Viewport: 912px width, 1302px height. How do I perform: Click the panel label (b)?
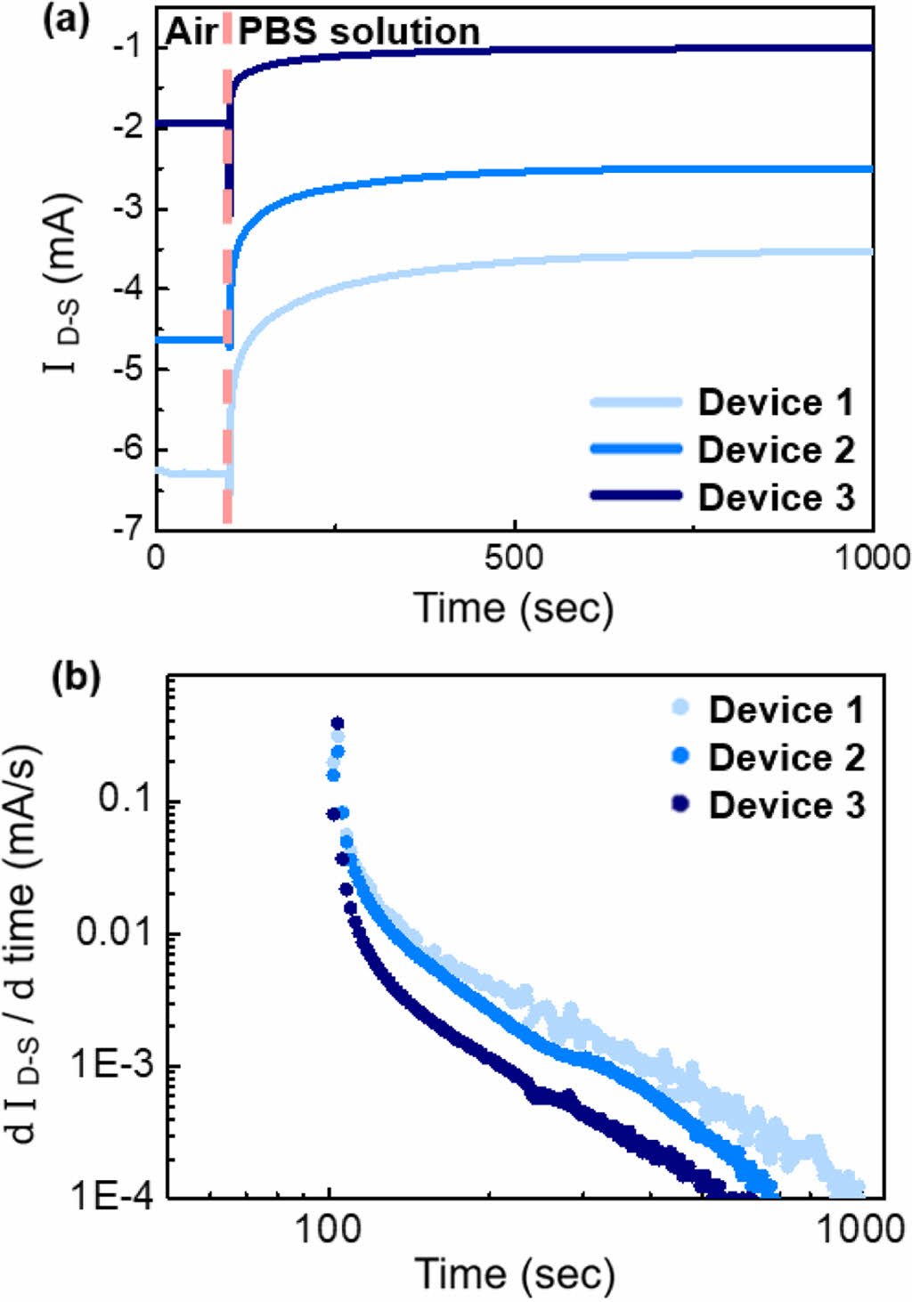(76, 678)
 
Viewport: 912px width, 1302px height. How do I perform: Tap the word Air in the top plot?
(191, 32)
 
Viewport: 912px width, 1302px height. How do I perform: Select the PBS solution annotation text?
(359, 32)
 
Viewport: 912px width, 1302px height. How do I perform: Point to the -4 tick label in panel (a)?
(127, 288)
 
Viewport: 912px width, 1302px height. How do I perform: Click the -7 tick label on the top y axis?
(127, 528)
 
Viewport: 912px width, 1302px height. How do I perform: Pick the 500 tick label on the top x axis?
(514, 558)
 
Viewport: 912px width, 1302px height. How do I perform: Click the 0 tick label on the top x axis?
(157, 558)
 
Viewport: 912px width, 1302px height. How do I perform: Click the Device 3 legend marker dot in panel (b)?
(681, 804)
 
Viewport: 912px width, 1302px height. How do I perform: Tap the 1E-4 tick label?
(110, 1197)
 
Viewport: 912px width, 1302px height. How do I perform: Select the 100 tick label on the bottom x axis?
(329, 1230)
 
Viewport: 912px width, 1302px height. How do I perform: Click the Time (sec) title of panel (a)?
(514, 609)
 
